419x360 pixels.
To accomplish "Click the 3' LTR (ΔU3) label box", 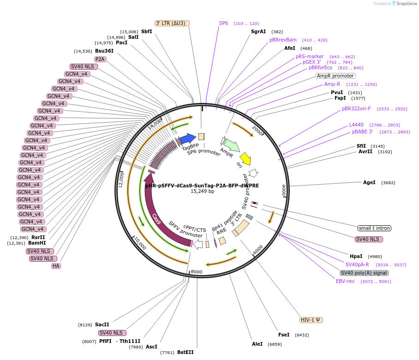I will coord(172,23).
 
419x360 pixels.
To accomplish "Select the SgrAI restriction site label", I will coord(258,32).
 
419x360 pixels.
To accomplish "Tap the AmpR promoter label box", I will coord(335,76).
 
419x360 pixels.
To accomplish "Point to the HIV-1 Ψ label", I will coord(311,320).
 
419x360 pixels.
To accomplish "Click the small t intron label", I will coord(374,228).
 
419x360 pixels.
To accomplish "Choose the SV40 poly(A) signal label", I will coord(364,273).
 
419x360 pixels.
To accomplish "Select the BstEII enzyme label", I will coord(186,352).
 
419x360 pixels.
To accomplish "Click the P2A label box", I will coord(100,59).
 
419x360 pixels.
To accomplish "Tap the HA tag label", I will coord(56,266).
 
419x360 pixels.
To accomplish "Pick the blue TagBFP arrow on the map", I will coord(187,138).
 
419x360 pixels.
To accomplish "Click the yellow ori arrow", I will coord(245,158).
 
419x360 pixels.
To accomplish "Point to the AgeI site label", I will coord(369,183).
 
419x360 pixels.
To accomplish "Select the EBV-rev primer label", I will coord(345,281).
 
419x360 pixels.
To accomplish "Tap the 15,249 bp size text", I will coord(202,191).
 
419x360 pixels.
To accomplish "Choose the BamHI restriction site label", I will coord(37,243).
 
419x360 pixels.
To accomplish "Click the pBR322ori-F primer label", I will coord(356,109).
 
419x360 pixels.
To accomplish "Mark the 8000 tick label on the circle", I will coord(197,272).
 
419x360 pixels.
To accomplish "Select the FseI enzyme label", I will coord(284,335).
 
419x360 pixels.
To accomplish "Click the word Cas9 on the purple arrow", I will coord(156,219).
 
